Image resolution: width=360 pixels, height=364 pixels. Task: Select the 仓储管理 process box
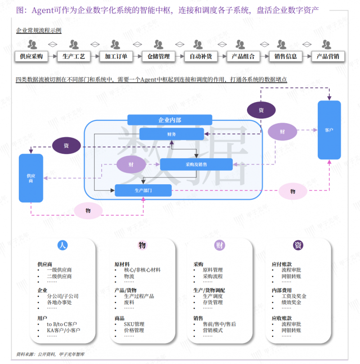158,57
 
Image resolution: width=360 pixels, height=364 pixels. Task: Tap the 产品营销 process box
328,57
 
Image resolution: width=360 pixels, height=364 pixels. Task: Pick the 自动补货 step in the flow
201,57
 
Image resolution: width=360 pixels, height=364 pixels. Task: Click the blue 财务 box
171,134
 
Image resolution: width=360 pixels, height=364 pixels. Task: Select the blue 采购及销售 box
196,164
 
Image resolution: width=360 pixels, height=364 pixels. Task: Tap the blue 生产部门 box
143,191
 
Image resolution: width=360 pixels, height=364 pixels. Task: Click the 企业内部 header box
170,120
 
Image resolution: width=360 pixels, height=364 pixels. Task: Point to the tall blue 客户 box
329,130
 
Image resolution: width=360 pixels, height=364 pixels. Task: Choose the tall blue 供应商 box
31,178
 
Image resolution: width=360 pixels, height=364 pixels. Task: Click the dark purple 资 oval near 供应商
66,146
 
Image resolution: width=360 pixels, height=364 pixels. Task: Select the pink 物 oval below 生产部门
88,210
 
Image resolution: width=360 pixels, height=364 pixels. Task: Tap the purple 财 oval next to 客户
282,132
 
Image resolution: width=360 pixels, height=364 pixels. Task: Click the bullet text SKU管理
134,324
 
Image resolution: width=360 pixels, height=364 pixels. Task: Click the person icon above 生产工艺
74,44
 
